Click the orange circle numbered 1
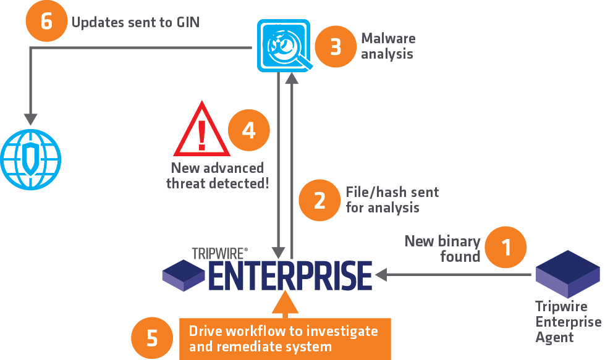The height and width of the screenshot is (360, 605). (x=506, y=247)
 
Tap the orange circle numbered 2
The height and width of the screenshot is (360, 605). (x=320, y=199)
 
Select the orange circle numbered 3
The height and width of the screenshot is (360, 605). (x=336, y=46)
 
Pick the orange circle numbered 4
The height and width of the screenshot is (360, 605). (x=249, y=131)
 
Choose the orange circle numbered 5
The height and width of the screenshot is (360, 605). (x=152, y=338)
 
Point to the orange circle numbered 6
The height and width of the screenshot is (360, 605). (x=46, y=22)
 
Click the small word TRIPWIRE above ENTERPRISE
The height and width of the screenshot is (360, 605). (x=219, y=253)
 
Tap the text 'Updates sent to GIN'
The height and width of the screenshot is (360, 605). (x=135, y=23)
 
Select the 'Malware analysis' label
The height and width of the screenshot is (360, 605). (x=387, y=46)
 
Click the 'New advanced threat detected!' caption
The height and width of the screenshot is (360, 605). (x=218, y=175)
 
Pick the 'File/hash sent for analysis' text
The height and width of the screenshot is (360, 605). (x=392, y=199)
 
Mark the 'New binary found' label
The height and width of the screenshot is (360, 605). (x=442, y=248)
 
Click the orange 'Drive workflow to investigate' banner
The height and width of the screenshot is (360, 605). (x=285, y=338)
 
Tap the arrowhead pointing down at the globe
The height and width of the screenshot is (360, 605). (x=30, y=119)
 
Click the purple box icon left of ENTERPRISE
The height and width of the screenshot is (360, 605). (x=183, y=275)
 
